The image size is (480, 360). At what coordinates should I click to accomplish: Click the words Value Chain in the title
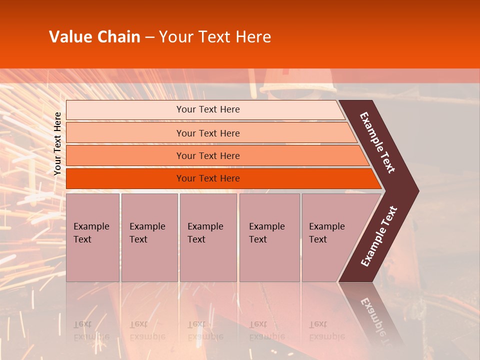(94, 37)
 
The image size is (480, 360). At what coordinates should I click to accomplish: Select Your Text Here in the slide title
(215, 37)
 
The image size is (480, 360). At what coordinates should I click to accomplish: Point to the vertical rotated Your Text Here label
(57, 143)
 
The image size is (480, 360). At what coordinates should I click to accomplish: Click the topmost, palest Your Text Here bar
(207, 109)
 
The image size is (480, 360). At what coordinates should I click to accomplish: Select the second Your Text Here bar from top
(207, 133)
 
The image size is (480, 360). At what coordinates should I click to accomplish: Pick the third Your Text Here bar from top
(207, 155)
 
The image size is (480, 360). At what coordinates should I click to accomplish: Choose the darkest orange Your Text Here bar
(207, 178)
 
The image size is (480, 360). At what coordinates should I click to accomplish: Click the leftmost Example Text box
(92, 237)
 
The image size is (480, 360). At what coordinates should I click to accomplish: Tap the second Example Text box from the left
(149, 237)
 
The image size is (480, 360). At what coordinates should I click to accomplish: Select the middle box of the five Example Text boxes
(208, 237)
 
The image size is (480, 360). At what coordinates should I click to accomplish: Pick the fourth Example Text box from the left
(269, 237)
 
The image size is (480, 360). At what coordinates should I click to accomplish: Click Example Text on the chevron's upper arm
(377, 142)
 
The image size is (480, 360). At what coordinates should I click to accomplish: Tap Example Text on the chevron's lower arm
(378, 236)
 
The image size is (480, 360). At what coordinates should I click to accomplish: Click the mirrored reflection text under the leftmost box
(91, 330)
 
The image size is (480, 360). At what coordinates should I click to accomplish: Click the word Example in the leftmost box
(91, 226)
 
